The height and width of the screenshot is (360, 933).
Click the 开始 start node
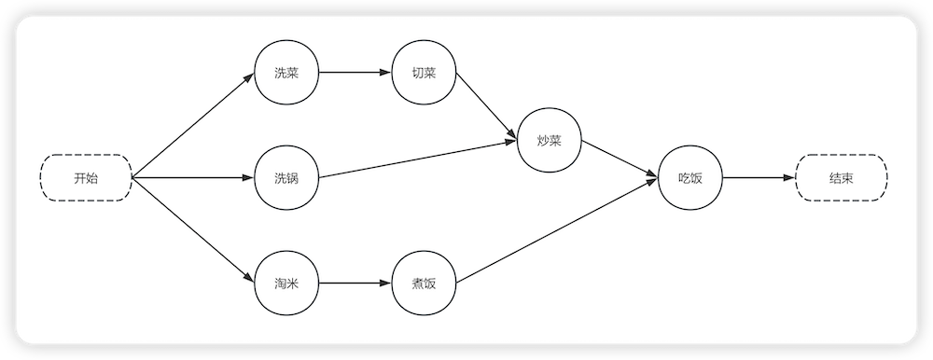click(85, 177)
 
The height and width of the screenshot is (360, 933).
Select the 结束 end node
click(841, 177)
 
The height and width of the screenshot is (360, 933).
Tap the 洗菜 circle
click(287, 73)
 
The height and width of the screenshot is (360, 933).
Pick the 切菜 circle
click(425, 73)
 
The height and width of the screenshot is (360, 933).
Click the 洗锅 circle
click(287, 177)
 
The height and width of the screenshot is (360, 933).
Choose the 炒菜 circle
click(550, 142)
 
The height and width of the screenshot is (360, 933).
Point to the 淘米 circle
click(287, 283)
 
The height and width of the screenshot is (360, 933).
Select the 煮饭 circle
click(425, 283)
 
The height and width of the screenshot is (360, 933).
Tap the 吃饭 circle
click(689, 177)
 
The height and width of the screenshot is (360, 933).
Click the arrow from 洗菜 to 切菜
click(355, 73)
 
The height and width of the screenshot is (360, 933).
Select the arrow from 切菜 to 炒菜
click(486, 107)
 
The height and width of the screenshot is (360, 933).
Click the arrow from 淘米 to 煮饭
click(355, 283)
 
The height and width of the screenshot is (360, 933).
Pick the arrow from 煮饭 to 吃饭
click(557, 230)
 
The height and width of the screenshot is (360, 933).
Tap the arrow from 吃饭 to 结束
click(758, 177)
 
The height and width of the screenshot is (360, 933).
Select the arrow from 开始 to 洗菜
click(193, 124)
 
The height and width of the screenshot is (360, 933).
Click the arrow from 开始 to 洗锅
click(193, 177)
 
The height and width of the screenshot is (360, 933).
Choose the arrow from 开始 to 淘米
click(193, 230)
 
